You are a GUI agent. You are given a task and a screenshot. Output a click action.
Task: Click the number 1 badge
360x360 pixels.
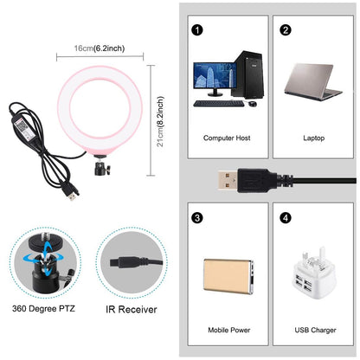pyautogui.click(x=198, y=29)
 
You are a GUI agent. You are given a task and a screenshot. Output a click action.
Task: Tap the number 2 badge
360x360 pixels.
pyautogui.click(x=285, y=29)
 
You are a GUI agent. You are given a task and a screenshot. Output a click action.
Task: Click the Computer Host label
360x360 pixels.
pyautogui.click(x=227, y=138)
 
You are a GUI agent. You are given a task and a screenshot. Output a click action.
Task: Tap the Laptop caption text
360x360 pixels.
pyautogui.click(x=312, y=138)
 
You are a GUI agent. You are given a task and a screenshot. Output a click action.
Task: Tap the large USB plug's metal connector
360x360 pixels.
pyautogui.click(x=222, y=181)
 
